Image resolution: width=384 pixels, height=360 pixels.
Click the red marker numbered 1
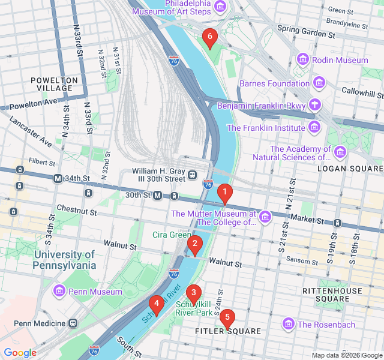click(224, 194)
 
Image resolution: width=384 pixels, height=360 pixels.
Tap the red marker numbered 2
click(194, 244)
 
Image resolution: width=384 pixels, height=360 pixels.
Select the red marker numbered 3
click(193, 293)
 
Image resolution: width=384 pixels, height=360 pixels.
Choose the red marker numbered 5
click(227, 319)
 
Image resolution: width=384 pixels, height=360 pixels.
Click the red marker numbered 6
click(209, 37)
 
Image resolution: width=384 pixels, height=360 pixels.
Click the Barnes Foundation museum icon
click(319, 83)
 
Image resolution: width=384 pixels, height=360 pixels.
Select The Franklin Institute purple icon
click(314, 127)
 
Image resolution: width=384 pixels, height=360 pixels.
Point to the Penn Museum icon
click(59, 292)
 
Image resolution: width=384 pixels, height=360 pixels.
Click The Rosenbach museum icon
click(289, 324)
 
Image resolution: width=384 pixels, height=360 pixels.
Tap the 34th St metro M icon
click(58, 178)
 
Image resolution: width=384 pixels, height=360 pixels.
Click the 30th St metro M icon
click(158, 195)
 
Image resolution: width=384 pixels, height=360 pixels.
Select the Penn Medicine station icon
click(73, 323)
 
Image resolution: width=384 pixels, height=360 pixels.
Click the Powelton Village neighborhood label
click(55, 84)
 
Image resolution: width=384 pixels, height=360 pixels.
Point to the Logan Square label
click(350, 169)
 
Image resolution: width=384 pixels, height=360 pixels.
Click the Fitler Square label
click(228, 331)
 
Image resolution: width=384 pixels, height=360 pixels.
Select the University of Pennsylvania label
click(65, 260)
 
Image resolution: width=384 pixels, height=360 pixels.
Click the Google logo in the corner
click(20, 353)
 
